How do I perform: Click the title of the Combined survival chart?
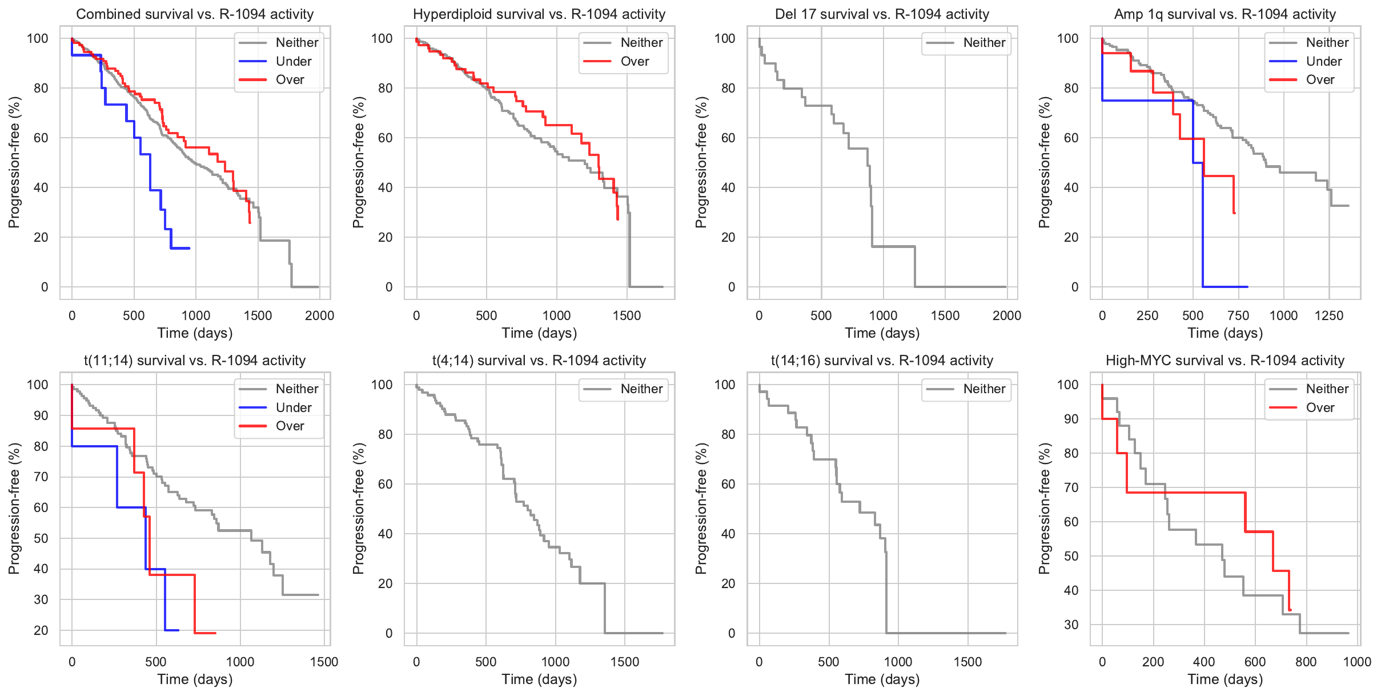click(195, 14)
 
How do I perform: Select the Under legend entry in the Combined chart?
click(293, 61)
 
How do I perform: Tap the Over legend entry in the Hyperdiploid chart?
click(635, 61)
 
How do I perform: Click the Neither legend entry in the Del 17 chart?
click(984, 43)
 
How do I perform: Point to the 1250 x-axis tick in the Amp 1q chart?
click(1329, 315)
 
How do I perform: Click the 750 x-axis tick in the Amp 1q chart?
click(1238, 315)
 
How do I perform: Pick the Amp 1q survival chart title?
click(1225, 14)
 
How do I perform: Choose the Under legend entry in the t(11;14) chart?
click(293, 407)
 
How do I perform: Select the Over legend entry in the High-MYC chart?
click(1320, 407)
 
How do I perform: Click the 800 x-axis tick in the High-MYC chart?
click(1306, 662)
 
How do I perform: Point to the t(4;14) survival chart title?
click(539, 361)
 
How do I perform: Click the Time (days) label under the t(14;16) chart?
click(882, 679)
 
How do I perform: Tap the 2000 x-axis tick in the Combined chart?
click(319, 315)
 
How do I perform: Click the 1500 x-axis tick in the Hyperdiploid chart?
click(627, 315)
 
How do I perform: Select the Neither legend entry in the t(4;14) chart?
click(641, 389)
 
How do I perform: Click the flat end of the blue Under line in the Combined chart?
click(188, 248)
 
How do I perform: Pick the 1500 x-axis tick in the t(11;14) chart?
click(324, 662)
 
